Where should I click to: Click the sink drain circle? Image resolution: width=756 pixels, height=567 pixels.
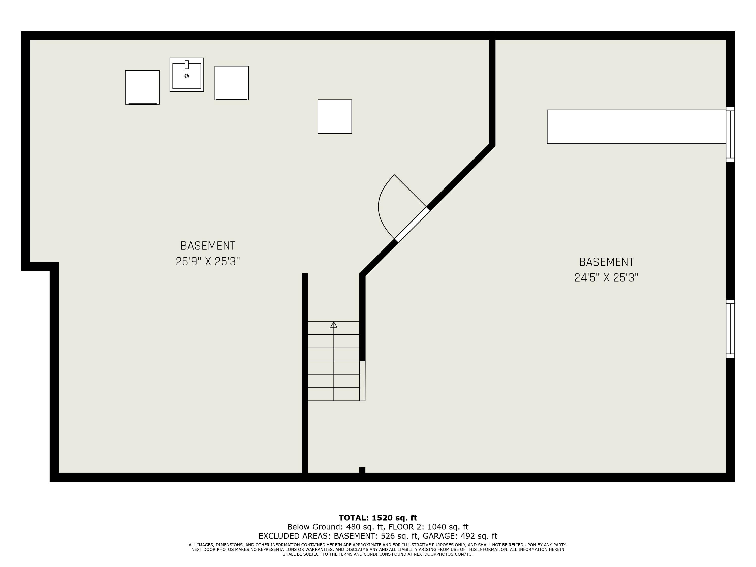click(187, 76)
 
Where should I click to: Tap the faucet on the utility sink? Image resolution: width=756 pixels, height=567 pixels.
click(187, 65)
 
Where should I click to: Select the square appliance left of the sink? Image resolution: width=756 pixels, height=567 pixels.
click(142, 87)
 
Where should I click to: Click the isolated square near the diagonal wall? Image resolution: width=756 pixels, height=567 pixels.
click(335, 116)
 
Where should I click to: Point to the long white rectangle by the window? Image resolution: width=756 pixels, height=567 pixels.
click(636, 127)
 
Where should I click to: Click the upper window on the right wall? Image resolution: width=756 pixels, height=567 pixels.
click(730, 134)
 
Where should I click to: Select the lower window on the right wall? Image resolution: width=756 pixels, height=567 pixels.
click(730, 329)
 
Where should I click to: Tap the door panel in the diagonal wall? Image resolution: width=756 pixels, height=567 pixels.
click(412, 225)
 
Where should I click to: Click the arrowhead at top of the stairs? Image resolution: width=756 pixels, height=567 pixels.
click(334, 325)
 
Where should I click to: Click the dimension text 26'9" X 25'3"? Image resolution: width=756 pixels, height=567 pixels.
click(208, 262)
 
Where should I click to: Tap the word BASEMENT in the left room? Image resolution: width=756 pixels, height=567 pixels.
click(208, 246)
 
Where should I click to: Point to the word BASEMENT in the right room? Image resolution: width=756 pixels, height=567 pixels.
click(606, 262)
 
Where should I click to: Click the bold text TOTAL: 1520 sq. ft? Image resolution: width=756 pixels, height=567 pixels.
click(378, 518)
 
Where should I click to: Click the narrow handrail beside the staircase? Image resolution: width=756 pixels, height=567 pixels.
click(362, 381)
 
